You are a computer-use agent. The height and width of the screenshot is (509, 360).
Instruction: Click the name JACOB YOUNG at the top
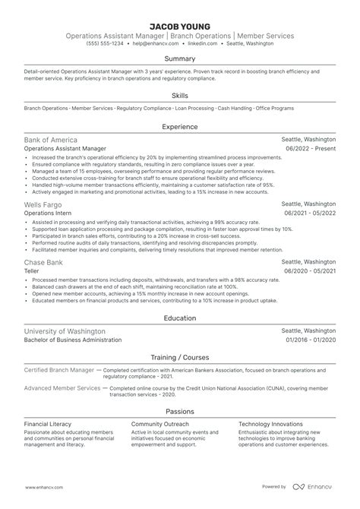click(x=180, y=27)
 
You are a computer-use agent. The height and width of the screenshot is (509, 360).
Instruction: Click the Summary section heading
click(x=180, y=58)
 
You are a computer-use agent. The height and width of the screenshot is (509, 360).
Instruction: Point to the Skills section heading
click(x=180, y=96)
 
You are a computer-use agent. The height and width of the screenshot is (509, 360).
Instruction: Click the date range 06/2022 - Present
click(x=310, y=150)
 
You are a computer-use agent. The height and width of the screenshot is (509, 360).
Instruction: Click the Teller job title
click(x=32, y=271)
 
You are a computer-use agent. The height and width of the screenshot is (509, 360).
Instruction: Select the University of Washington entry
click(x=65, y=332)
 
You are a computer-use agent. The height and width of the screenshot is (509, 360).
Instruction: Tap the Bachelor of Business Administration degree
click(x=73, y=341)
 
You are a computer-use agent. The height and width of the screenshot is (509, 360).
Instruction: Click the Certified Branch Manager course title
click(x=58, y=368)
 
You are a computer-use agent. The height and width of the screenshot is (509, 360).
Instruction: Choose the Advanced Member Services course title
click(x=62, y=387)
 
